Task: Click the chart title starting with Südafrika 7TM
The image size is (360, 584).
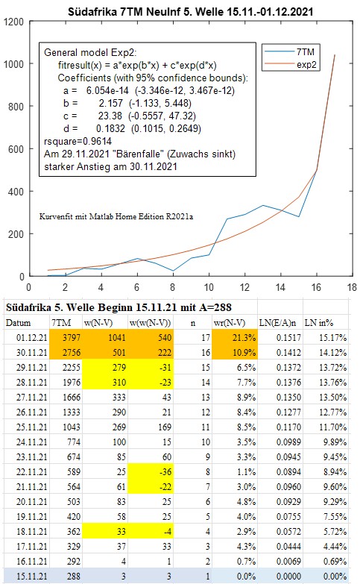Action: coord(190,11)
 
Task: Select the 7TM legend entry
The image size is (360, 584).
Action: coord(291,51)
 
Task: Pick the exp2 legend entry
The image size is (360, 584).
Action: coord(291,64)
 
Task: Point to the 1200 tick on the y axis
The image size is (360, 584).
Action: coord(13,22)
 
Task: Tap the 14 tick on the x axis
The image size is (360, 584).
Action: coord(280,287)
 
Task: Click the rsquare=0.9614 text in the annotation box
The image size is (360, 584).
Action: coord(78,141)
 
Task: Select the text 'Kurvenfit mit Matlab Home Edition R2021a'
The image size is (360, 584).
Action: coord(116,216)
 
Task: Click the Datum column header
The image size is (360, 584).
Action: coord(18,323)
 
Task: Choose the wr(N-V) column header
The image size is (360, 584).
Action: coord(230,323)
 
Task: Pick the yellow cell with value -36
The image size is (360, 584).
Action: coord(151,472)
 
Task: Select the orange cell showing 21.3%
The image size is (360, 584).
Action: coord(235,338)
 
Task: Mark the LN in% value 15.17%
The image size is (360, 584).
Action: coord(332,338)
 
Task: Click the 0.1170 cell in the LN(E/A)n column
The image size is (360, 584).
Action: coord(288,427)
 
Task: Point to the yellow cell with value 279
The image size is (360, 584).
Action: coord(104,368)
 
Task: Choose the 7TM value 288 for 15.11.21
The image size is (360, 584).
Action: coord(73,577)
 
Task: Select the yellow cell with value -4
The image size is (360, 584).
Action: coord(151,532)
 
